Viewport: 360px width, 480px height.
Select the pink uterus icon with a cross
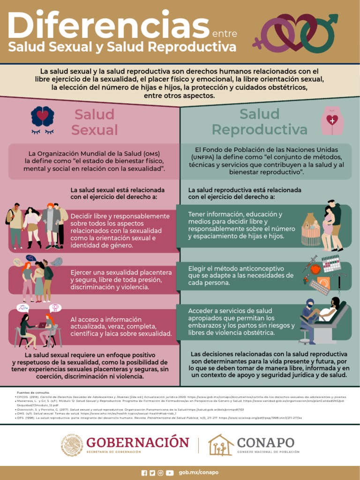tap(332, 120)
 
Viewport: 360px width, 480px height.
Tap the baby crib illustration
tap(310, 230)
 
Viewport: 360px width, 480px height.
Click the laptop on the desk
tap(42, 325)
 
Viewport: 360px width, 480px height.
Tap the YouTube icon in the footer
tap(170, 473)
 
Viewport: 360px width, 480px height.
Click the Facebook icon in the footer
tap(144, 473)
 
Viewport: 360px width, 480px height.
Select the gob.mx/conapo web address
tap(199, 472)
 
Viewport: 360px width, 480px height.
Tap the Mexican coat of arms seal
tap(72, 445)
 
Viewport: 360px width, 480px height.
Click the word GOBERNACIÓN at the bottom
tap(138, 442)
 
